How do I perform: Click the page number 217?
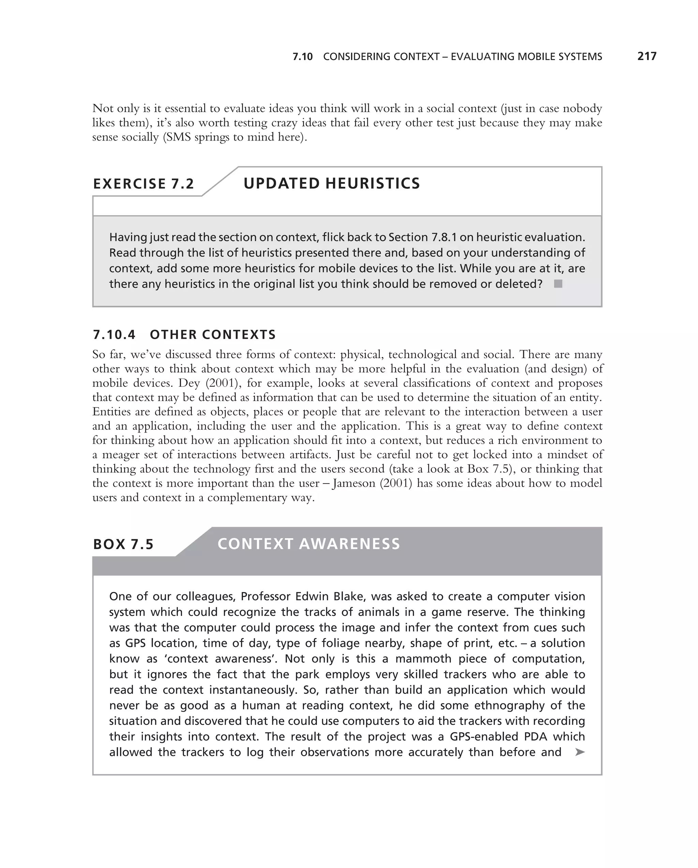pos(647,56)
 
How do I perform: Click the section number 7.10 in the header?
pos(302,57)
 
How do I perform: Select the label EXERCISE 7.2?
pos(143,184)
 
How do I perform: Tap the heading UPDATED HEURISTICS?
pos(331,183)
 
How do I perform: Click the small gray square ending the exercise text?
pos(558,284)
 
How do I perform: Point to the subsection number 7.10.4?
pos(114,335)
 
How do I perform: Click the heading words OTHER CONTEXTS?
pos(213,335)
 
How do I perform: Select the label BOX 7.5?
pos(123,544)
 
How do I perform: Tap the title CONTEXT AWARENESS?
pos(309,544)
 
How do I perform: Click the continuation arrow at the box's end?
pos(580,752)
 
